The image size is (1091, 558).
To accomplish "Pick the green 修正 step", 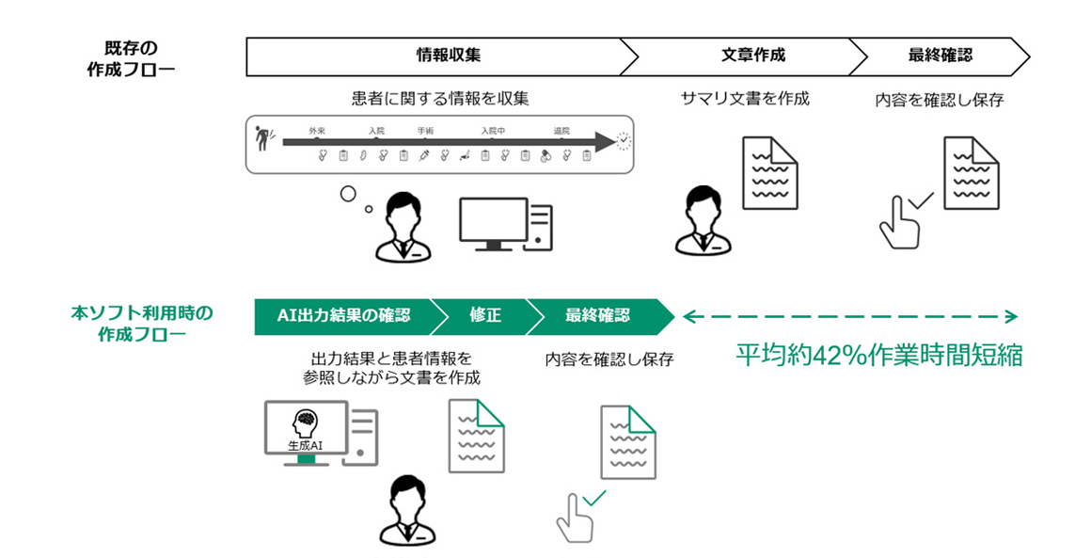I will [x=484, y=316].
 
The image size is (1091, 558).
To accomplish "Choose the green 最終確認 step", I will [x=597, y=316].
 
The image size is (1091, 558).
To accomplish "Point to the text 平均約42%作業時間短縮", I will [x=878, y=358].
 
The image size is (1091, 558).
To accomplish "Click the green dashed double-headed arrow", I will [x=850, y=316].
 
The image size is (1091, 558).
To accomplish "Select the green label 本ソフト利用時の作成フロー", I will [x=142, y=323].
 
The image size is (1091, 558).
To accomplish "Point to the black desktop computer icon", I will [x=505, y=224].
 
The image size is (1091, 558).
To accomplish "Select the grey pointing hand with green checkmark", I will [x=578, y=513].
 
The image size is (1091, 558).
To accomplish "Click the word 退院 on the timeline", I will [x=562, y=131].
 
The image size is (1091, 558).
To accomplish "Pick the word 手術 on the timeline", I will [x=425, y=131].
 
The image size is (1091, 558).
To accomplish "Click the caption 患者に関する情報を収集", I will [x=434, y=98].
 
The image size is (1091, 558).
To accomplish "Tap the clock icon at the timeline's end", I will [x=623, y=142].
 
